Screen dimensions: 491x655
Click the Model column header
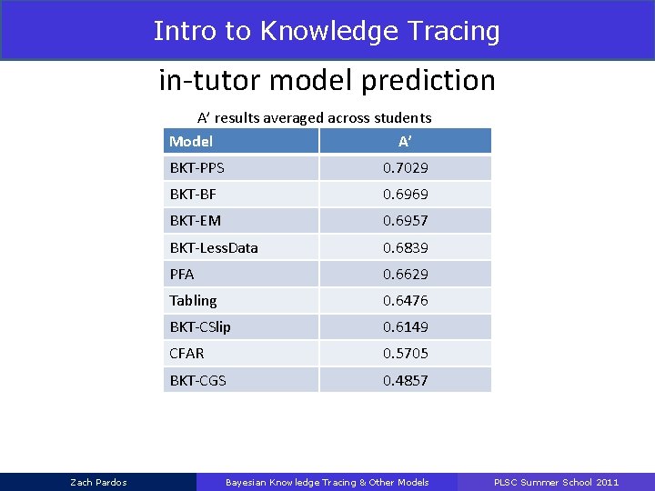click(191, 141)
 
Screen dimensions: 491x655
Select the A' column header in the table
click(405, 141)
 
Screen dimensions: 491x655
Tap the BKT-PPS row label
click(196, 168)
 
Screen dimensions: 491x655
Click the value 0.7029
click(405, 168)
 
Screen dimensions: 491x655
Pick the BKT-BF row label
click(193, 195)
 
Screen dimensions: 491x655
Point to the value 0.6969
click(405, 195)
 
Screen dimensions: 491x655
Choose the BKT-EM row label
click(195, 221)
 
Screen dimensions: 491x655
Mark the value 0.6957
click(405, 221)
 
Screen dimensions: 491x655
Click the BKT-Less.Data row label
click(214, 247)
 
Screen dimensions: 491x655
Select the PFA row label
click(182, 274)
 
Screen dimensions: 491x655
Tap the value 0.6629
click(405, 274)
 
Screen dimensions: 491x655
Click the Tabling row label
click(193, 300)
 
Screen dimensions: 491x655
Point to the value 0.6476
click(405, 300)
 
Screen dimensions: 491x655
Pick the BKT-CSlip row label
click(200, 326)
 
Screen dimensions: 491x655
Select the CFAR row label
click(186, 353)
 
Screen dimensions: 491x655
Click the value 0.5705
click(405, 353)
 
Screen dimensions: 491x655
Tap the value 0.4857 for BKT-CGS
click(405, 380)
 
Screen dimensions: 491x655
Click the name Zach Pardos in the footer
click(98, 482)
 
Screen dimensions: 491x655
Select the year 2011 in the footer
click(607, 482)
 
